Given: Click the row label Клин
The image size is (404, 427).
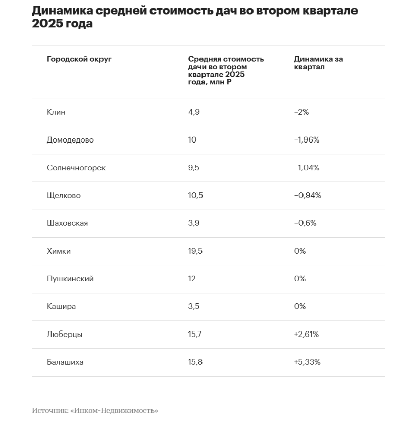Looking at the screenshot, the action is pyautogui.click(x=56, y=112).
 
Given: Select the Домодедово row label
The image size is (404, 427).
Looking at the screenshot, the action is pyautogui.click(x=70, y=140).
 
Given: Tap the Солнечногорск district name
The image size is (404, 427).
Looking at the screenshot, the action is pyautogui.click(x=76, y=168).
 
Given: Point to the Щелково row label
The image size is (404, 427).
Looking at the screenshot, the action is pyautogui.click(x=64, y=196).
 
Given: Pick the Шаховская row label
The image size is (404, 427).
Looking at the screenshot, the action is pyautogui.click(x=68, y=223).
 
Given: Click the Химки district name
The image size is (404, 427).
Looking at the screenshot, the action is pyautogui.click(x=59, y=251).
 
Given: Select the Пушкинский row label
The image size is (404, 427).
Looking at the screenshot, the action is pyautogui.click(x=70, y=279).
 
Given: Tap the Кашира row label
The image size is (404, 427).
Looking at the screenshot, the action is pyautogui.click(x=61, y=306).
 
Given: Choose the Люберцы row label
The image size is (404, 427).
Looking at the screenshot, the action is pyautogui.click(x=65, y=335).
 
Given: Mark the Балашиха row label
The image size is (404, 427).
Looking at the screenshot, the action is pyautogui.click(x=65, y=362).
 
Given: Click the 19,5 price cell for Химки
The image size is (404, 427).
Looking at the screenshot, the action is pyautogui.click(x=195, y=251).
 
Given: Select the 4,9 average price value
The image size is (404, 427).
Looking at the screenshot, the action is pyautogui.click(x=194, y=112).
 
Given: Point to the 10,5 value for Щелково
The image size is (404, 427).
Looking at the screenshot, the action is pyautogui.click(x=195, y=195).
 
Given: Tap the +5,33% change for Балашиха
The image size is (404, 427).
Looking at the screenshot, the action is pyautogui.click(x=307, y=362).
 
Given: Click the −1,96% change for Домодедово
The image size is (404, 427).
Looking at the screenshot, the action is pyautogui.click(x=307, y=140).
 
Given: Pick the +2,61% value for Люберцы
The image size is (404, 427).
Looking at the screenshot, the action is pyautogui.click(x=306, y=334).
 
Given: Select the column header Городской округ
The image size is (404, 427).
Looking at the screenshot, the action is pyautogui.click(x=79, y=59).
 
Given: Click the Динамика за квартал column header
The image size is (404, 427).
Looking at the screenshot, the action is pyautogui.click(x=319, y=63).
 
